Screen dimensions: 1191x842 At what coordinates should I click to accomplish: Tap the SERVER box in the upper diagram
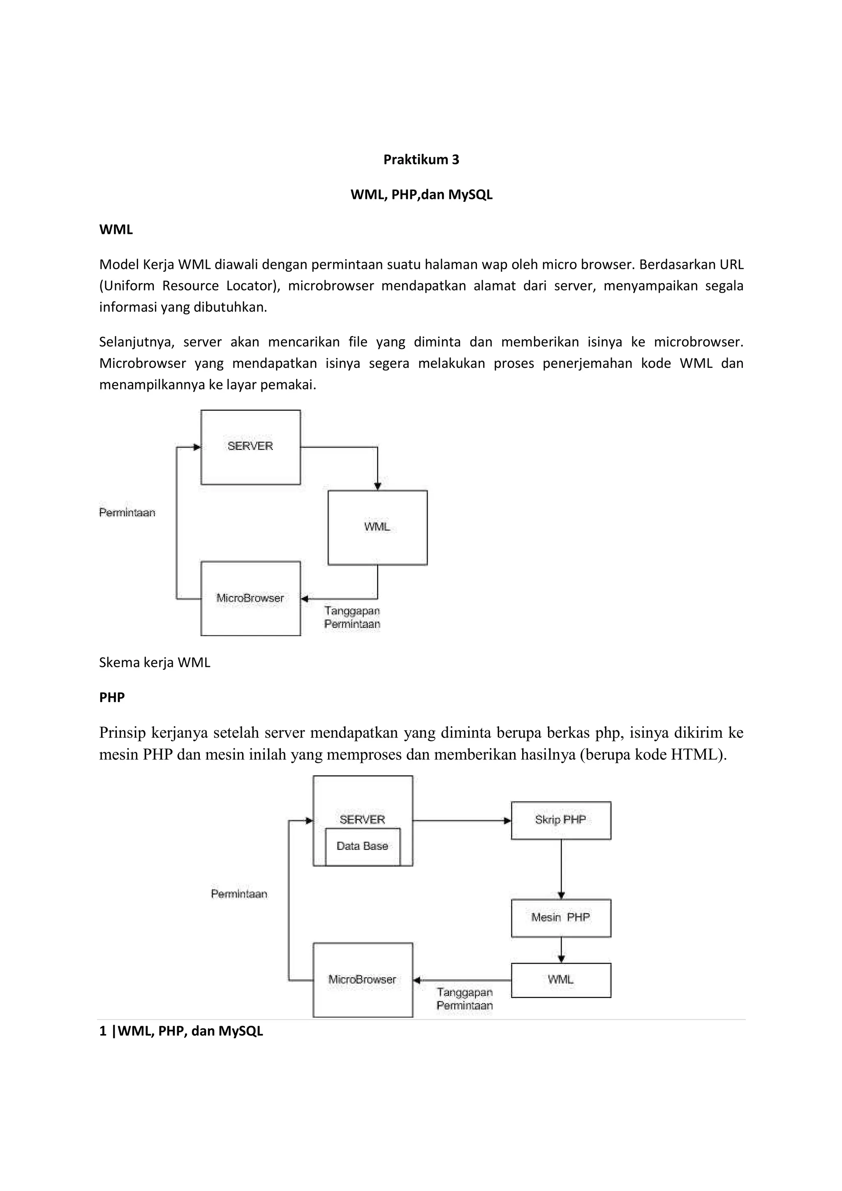250,447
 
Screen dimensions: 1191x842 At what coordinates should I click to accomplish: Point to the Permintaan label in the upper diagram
127,512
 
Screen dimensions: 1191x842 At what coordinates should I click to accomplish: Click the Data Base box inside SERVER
362,846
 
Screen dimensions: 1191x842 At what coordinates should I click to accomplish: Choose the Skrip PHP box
560,820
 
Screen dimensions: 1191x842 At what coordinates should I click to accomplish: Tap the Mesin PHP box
560,918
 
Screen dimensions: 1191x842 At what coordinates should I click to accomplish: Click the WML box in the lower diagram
560,980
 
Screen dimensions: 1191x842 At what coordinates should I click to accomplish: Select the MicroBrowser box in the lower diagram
362,980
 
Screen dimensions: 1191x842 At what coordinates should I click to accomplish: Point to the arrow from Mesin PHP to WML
561,950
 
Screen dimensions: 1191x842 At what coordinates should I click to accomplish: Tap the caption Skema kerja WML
155,662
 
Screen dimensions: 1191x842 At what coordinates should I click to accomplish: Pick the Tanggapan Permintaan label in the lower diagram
464,999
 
